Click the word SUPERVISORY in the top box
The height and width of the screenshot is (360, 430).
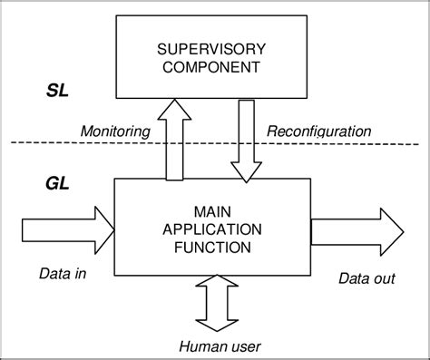[x=210, y=48]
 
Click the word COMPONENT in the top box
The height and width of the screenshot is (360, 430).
[x=210, y=67]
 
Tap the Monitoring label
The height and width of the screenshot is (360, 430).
[x=116, y=132]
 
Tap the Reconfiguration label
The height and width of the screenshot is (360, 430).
[x=318, y=132]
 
